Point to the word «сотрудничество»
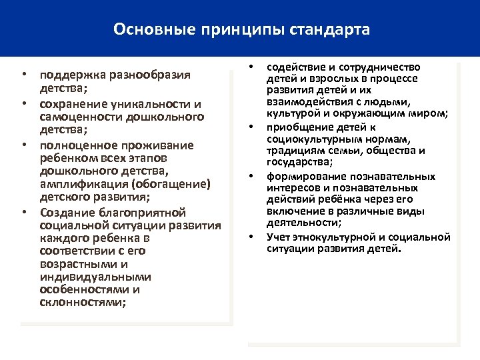point(381,67)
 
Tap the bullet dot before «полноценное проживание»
point(23,144)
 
